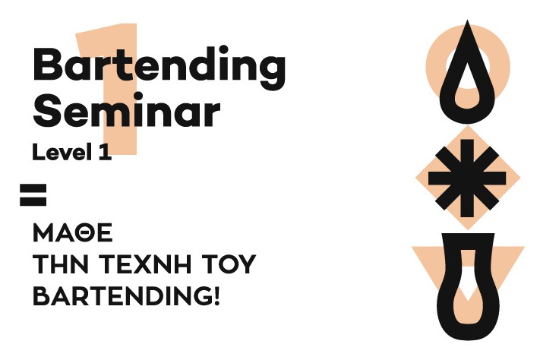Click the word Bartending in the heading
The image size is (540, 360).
pyautogui.click(x=159, y=68)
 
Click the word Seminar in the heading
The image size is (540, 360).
pyautogui.click(x=126, y=110)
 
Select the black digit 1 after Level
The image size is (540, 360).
pyautogui.click(x=105, y=152)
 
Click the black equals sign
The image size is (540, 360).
pyautogui.click(x=33, y=195)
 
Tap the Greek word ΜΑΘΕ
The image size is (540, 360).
pyautogui.click(x=73, y=233)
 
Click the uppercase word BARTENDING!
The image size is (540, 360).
pyautogui.click(x=126, y=296)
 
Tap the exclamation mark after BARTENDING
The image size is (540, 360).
pyautogui.click(x=216, y=296)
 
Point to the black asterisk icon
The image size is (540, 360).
pyautogui.click(x=467, y=178)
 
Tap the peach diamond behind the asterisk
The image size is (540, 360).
pyautogui.click(x=424, y=178)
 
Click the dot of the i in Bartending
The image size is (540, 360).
pyautogui.click(x=223, y=49)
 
